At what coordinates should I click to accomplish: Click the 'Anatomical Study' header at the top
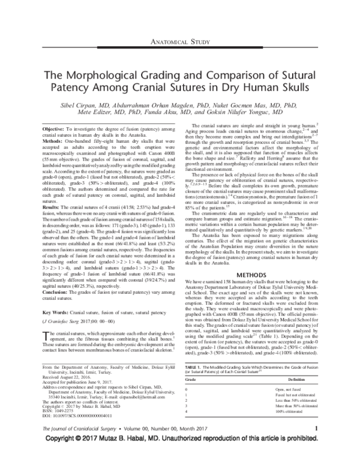[179, 43]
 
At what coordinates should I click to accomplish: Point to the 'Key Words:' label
[57, 313]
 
